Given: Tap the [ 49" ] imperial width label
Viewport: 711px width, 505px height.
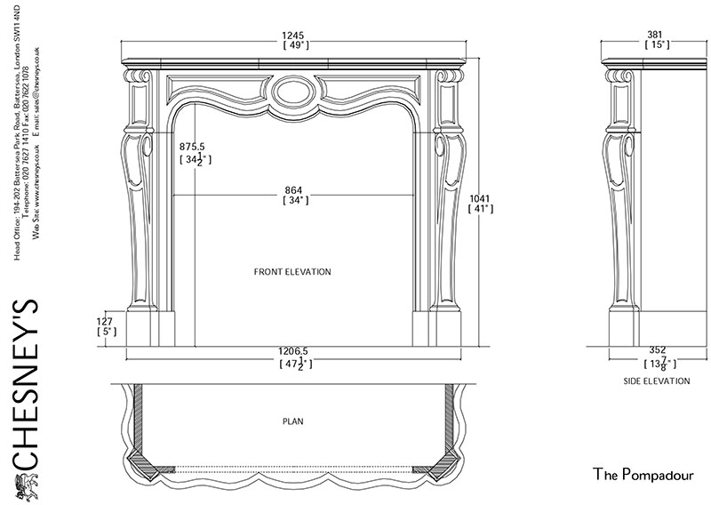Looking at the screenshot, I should click(294, 45).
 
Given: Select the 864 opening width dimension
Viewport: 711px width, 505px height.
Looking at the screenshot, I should click(294, 190).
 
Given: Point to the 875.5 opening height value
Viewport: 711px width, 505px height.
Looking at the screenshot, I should click(193, 146).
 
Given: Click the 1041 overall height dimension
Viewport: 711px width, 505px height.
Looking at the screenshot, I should click(481, 198).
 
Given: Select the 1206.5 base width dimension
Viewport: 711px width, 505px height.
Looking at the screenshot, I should click(293, 352).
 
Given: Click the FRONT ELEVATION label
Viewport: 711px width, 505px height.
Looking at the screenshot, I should click(292, 272).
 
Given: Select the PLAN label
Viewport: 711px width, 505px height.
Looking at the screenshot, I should click(293, 422).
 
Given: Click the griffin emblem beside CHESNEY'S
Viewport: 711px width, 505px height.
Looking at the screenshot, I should click(25, 485).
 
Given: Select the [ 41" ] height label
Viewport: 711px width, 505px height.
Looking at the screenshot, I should click(481, 209).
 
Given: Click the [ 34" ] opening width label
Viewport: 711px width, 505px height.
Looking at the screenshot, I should click(294, 201).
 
